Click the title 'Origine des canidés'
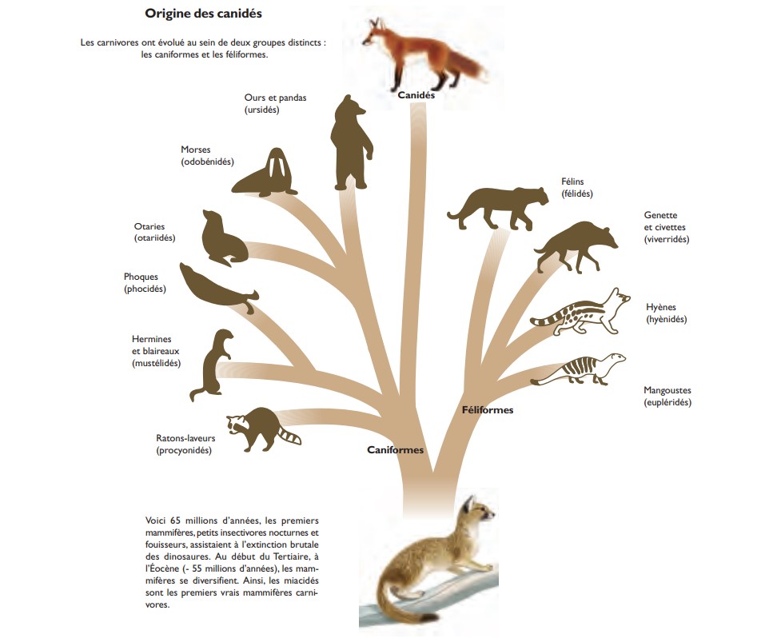(x=203, y=14)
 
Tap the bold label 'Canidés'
(x=416, y=94)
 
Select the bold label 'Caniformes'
(x=396, y=449)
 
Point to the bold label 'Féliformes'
(x=488, y=410)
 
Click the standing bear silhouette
(x=351, y=143)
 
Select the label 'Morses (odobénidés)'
(x=207, y=156)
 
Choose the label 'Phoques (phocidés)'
(x=145, y=282)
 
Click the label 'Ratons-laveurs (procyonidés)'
(x=185, y=445)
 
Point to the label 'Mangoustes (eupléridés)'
(x=667, y=396)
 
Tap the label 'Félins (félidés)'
(x=577, y=187)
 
